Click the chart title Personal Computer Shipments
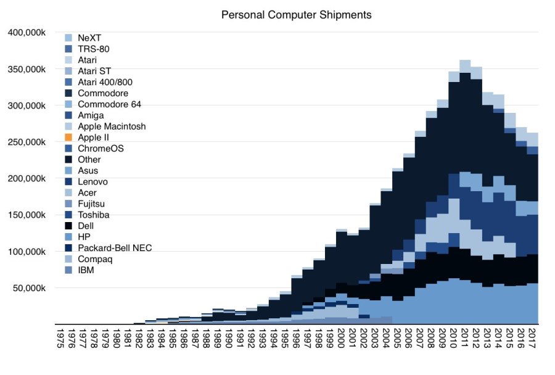point(296,14)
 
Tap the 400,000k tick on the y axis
point(27,33)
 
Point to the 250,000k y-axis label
point(27,142)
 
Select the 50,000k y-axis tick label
point(30,288)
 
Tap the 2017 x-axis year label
point(532,340)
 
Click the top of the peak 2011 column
point(465,61)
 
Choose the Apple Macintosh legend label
point(112,126)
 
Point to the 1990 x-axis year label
point(228,340)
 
